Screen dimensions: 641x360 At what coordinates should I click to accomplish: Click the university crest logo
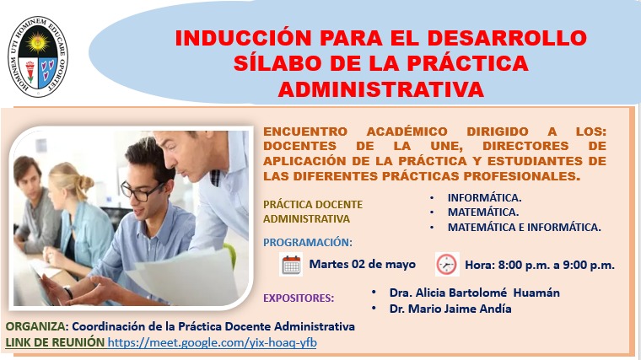pos(38,56)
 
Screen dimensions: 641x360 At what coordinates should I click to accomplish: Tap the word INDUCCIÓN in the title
pos(243,38)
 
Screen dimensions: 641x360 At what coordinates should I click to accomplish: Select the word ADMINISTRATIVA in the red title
pos(381,89)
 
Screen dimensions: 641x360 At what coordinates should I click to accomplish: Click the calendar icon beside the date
pos(291,265)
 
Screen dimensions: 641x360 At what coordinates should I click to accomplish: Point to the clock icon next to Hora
pos(447,265)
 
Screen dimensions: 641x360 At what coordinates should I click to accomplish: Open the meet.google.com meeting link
pos(213,342)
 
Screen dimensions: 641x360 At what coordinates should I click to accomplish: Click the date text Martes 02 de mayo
pos(362,264)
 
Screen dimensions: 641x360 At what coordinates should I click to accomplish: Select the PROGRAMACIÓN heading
pos(307,242)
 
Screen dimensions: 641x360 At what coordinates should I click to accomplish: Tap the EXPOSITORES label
pos(299,298)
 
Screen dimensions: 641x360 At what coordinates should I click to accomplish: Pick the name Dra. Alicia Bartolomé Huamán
pos(475,293)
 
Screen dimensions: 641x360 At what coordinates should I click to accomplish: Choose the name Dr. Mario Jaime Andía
pos(450,309)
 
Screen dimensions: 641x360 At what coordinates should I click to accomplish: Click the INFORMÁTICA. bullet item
pos(484,198)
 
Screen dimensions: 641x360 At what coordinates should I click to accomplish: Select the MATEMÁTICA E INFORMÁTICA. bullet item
pos(525,227)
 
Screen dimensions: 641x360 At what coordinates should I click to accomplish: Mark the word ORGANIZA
pos(37,326)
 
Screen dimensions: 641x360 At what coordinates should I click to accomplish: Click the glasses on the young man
pos(141,191)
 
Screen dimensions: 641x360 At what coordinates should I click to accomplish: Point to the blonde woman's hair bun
pos(85,182)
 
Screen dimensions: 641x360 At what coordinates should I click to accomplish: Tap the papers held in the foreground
pos(186,278)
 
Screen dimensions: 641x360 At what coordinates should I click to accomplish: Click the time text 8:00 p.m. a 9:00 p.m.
pos(557,265)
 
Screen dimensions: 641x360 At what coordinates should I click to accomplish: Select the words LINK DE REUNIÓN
pos(55,342)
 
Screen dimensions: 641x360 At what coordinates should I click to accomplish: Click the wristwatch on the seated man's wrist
pos(68,292)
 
